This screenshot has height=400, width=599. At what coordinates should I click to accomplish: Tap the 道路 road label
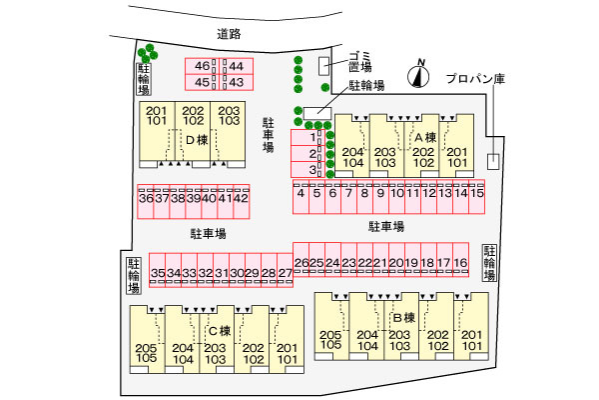(230, 35)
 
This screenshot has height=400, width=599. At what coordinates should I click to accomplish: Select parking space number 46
(203, 66)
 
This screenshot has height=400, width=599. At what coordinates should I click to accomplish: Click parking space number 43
(237, 82)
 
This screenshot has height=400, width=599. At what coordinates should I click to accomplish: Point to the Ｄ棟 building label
(195, 139)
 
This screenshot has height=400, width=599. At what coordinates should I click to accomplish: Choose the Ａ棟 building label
(425, 137)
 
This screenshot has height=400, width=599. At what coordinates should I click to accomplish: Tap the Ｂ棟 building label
(402, 317)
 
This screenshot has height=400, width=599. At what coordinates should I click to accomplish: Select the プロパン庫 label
(476, 77)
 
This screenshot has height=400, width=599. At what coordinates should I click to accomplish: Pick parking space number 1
(313, 137)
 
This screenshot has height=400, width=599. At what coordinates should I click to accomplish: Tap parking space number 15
(477, 193)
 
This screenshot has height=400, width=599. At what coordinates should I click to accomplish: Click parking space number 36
(146, 198)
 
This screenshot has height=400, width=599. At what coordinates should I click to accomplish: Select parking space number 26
(301, 263)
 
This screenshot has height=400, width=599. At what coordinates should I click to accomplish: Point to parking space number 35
(158, 272)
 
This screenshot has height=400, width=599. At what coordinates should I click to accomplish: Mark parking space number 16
(460, 263)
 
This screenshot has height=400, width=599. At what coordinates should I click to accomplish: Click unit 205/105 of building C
(147, 352)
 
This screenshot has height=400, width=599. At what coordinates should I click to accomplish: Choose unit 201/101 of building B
(471, 340)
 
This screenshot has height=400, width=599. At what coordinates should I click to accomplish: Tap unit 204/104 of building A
(352, 156)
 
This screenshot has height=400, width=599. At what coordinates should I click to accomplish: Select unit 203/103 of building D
(229, 115)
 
